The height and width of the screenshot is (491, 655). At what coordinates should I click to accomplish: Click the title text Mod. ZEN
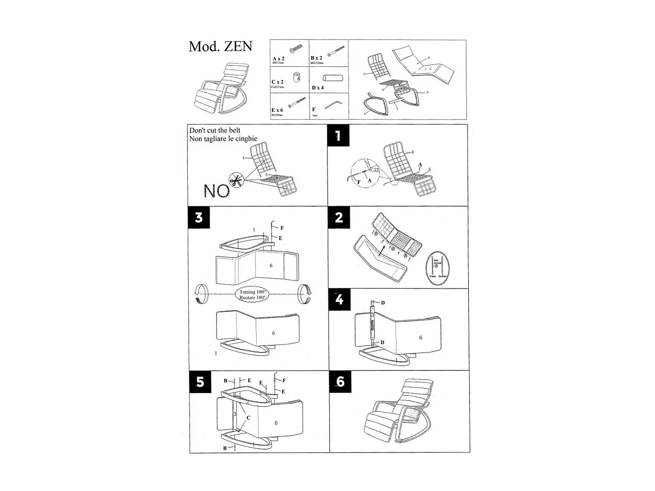[x=220, y=46]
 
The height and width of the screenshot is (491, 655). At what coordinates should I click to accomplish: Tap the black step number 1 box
[x=338, y=135]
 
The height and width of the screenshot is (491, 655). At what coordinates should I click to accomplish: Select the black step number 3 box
[x=199, y=217]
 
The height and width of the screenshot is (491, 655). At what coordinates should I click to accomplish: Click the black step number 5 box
[x=200, y=382]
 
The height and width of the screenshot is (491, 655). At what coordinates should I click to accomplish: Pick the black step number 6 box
[x=340, y=382]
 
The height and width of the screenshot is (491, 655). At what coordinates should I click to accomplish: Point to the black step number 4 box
[x=339, y=300]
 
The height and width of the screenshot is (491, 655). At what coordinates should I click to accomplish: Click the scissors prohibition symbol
[x=236, y=180]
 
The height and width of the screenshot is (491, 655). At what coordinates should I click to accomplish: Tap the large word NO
[x=216, y=191]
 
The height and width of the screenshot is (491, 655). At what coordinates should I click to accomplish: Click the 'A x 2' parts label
[x=279, y=58]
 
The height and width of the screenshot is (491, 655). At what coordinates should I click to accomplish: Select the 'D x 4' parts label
[x=318, y=88]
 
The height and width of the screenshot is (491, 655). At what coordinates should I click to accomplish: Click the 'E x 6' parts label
[x=277, y=110]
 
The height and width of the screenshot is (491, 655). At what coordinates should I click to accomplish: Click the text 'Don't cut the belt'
[x=215, y=130]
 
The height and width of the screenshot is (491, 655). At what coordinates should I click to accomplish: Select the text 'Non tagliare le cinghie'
[x=223, y=139]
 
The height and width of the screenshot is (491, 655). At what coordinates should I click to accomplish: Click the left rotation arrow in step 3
[x=200, y=294]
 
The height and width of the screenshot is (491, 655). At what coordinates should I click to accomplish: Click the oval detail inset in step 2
[x=438, y=268]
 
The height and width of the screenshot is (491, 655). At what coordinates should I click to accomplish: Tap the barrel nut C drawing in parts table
[x=298, y=76]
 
